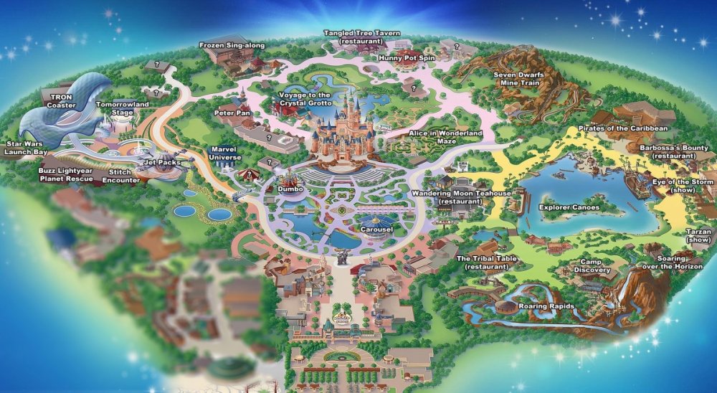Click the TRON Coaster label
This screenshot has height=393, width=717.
pos(61,100)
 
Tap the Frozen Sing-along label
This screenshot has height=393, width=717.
pos(232,45)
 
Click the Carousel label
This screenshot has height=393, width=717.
pos(376,229)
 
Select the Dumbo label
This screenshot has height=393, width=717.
pos(291,189)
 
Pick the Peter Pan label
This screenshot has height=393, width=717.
pos(232,113)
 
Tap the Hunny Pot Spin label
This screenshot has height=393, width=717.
pos(407,57)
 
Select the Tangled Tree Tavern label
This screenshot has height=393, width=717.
pos(362,37)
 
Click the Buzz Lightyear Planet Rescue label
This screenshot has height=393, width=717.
pos(66,176)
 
